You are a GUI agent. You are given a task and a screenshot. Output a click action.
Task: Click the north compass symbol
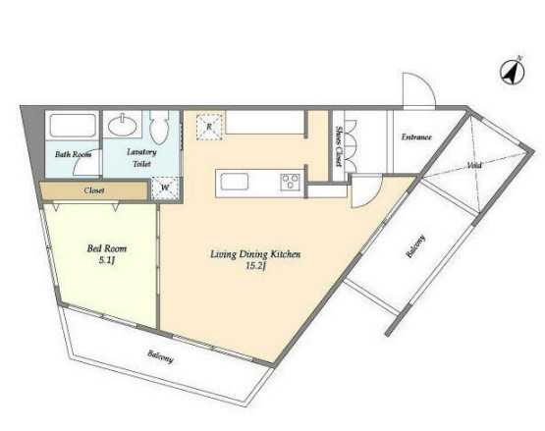pyautogui.click(x=513, y=73)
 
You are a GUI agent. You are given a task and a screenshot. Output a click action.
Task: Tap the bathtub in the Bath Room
pyautogui.click(x=73, y=126)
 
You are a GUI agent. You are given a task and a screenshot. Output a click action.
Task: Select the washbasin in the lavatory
pyautogui.click(x=122, y=125)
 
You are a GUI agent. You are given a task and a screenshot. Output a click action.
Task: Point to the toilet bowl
pyautogui.click(x=159, y=128)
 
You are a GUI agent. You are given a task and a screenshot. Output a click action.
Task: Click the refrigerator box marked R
pyautogui.click(x=209, y=128)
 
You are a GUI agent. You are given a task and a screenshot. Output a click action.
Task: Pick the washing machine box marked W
pyautogui.click(x=165, y=189)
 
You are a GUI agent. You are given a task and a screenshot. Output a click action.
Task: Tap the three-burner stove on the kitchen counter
pyautogui.click(x=291, y=182)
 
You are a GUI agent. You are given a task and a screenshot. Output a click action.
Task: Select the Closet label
pyautogui.click(x=94, y=190)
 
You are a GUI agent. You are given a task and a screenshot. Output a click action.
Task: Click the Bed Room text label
pyautogui.click(x=107, y=248)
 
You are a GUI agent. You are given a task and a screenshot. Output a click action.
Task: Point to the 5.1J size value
pyautogui.click(x=107, y=260)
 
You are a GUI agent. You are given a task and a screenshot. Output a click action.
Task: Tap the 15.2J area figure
pyautogui.click(x=255, y=266)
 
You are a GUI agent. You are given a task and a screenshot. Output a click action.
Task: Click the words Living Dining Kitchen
pyautogui.click(x=255, y=254)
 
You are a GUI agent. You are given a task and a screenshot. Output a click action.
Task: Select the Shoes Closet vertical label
pyautogui.click(x=339, y=146)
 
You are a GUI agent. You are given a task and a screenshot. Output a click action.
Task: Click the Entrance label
pyautogui.click(x=416, y=136)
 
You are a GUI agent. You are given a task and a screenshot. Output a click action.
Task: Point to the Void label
pyautogui.click(x=474, y=166)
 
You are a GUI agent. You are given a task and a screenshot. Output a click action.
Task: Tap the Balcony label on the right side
pyautogui.click(x=416, y=246)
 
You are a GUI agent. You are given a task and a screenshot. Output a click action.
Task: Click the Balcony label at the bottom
pyautogui.click(x=160, y=356)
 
